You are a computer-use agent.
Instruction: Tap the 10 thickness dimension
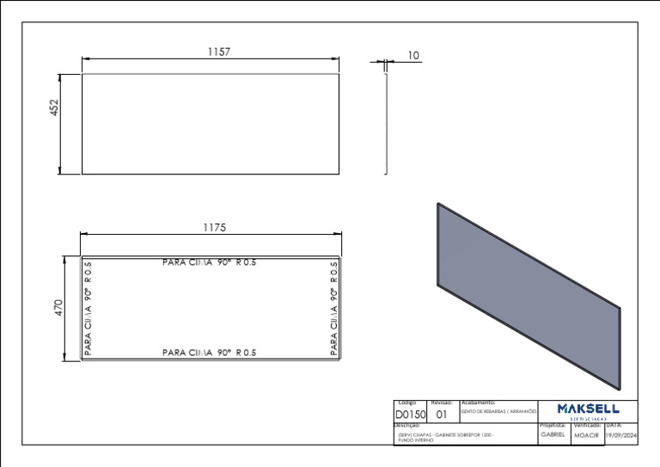[x=413, y=55]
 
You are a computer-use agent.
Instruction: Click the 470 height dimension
[x=59, y=307]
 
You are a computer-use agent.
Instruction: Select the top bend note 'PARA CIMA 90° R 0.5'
[x=210, y=262]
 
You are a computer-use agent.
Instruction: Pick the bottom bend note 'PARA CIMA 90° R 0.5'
[x=210, y=353]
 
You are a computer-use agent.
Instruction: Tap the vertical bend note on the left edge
[x=88, y=308]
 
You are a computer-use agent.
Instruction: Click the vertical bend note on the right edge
[x=333, y=308]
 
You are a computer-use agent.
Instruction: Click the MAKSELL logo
[x=588, y=409]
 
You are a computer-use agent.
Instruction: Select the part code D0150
[x=410, y=414]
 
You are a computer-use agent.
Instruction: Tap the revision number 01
[x=442, y=414]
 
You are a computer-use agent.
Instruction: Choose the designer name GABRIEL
[x=553, y=435]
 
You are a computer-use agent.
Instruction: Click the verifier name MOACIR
[x=586, y=436]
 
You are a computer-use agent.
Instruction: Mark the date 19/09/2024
[x=621, y=435]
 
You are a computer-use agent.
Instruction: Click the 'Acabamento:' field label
[x=479, y=402]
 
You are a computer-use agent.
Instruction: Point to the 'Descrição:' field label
[x=407, y=425]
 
